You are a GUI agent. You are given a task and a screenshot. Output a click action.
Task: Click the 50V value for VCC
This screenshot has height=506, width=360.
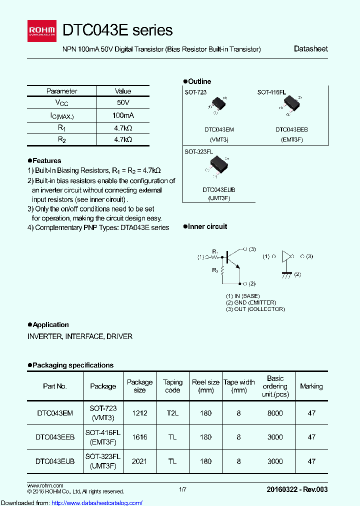coord(123,102)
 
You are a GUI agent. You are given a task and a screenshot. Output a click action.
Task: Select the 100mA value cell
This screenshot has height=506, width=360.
coord(123,115)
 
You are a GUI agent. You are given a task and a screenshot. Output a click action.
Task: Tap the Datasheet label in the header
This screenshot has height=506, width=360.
coord(310,49)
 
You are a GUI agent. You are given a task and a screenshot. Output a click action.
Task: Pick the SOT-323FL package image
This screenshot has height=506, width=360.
coord(217,165)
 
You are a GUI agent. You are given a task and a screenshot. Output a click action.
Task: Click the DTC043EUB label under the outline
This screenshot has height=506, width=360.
coord(218,190)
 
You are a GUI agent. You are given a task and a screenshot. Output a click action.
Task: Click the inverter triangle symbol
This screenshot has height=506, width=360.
coord(287,256)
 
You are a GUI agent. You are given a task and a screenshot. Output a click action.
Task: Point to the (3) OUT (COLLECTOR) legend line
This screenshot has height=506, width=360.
coord(255,309)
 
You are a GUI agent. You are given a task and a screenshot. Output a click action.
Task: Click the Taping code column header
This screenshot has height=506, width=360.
coord(172,386)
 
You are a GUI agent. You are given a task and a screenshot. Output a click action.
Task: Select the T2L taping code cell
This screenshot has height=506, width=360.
coord(172,413)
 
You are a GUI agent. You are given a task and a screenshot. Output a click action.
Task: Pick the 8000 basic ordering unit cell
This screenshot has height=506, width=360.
coord(275,413)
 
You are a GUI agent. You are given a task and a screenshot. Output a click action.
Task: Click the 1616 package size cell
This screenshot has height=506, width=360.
coord(139,437)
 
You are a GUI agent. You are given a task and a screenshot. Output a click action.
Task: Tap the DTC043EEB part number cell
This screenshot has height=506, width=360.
coord(55,437)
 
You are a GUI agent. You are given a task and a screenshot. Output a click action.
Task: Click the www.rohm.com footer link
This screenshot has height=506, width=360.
coord(45,485)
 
